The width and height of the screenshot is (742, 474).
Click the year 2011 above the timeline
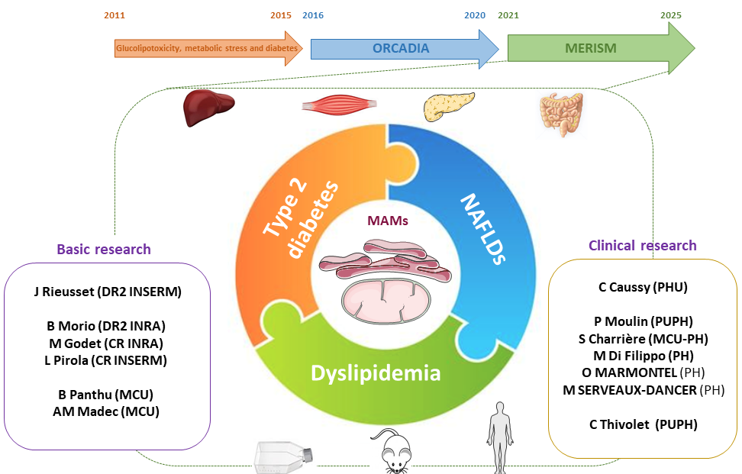pos(114,15)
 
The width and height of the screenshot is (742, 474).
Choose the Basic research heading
pos(104,249)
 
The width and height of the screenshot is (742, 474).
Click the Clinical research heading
pos(642,245)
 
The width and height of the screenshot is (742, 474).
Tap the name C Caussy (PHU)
pos(643,288)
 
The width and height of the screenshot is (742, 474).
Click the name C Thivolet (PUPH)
pos(643,424)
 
